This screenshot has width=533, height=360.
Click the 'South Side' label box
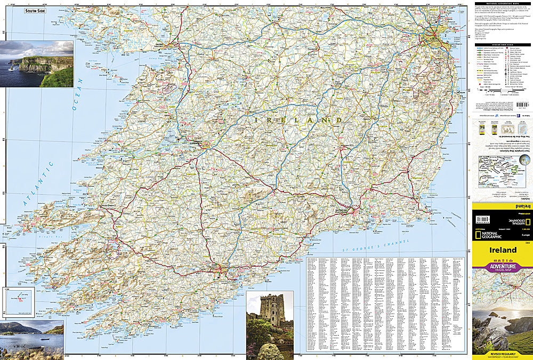(35, 11)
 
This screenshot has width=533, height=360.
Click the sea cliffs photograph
(37, 63)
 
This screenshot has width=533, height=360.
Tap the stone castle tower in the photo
(272, 310)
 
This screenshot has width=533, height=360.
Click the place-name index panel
(384, 304)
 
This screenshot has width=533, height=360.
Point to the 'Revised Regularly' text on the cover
(502, 354)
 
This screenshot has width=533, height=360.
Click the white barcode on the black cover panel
(483, 219)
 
